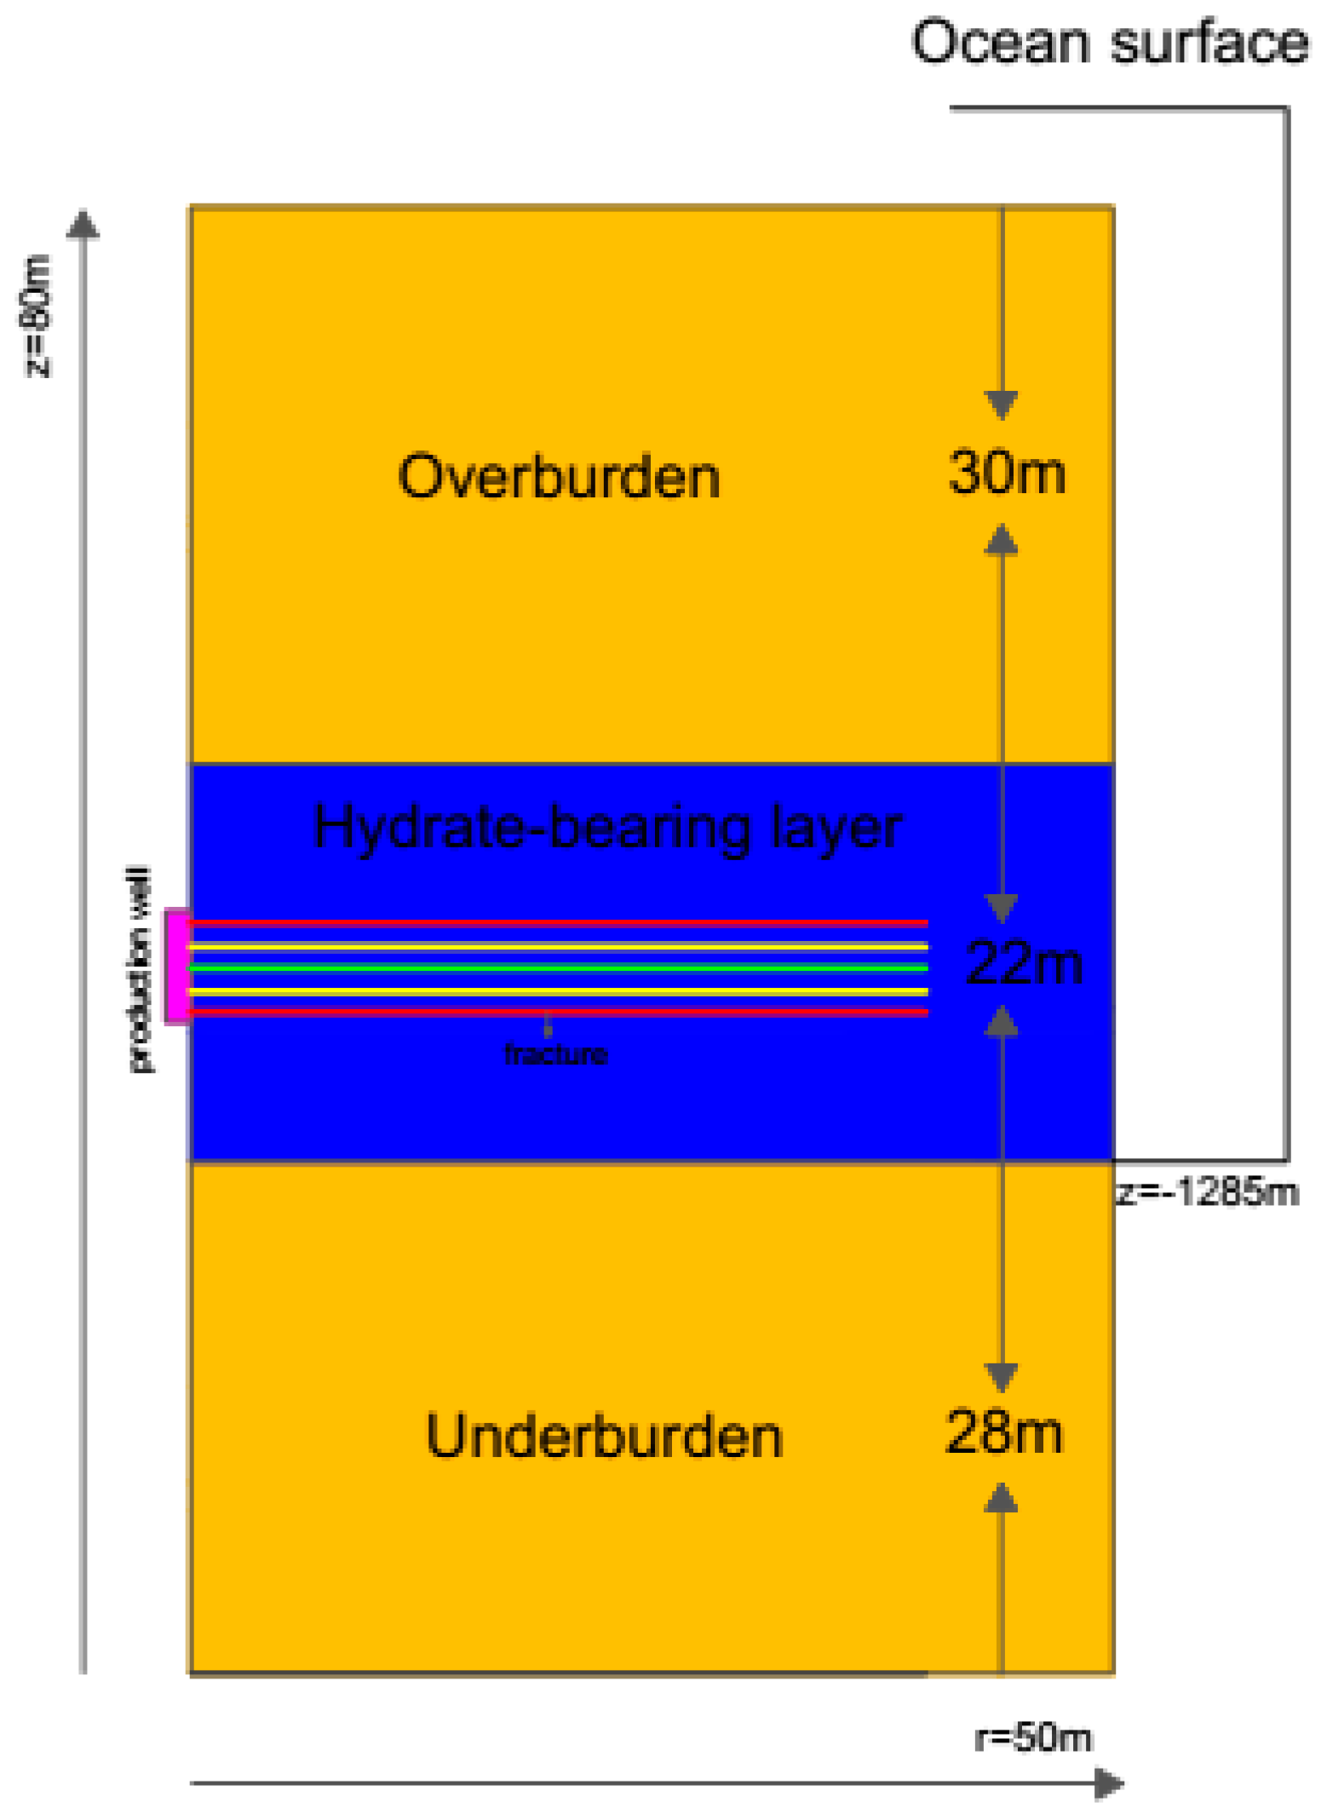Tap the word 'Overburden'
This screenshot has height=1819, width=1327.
click(559, 477)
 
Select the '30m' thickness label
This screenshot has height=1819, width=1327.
click(1006, 473)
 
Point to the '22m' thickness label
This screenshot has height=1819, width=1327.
click(1024, 963)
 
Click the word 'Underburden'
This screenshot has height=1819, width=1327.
click(603, 1436)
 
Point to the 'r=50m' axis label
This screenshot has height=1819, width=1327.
click(1032, 1737)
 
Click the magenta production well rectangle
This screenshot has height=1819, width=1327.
click(176, 966)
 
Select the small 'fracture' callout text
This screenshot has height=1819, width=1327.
click(555, 1054)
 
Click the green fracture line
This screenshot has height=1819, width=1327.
click(558, 967)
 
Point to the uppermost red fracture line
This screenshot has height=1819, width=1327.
click(558, 922)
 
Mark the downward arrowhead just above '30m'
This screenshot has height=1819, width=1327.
click(1001, 405)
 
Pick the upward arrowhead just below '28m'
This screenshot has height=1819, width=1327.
click(1001, 1498)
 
